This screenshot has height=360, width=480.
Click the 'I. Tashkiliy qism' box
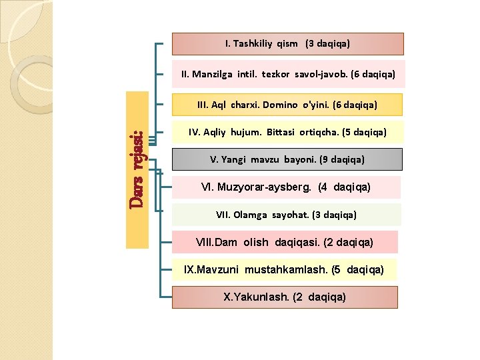click(x=287, y=44)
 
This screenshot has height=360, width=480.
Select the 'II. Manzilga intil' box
click(x=287, y=75)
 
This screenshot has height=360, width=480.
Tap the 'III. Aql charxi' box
click(x=287, y=105)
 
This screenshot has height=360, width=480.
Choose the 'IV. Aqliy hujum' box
click(x=287, y=132)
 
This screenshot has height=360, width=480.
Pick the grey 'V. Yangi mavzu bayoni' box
click(x=287, y=159)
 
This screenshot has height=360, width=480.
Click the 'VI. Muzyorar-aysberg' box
click(x=287, y=188)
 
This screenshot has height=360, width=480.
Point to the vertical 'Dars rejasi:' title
click(x=137, y=169)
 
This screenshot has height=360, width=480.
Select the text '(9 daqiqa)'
click(x=342, y=159)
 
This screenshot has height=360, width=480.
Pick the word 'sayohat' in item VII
click(x=291, y=215)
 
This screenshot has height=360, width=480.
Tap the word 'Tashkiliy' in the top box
click(x=254, y=44)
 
